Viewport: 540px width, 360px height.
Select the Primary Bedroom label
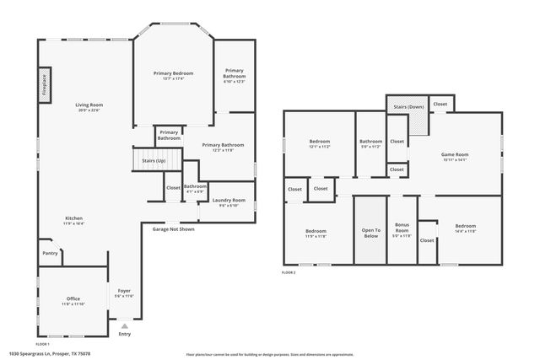[x=173, y=75]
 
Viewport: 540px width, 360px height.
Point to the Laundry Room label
[x=228, y=201]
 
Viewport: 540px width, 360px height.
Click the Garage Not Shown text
[x=173, y=228]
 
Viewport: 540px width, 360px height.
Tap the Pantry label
[x=50, y=252]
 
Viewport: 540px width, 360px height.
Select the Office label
[x=73, y=300]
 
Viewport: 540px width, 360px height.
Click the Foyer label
[x=125, y=291]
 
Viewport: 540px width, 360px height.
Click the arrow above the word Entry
[x=125, y=325]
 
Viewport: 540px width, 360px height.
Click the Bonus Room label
[x=402, y=228]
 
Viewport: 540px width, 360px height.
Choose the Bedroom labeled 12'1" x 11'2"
[x=319, y=142]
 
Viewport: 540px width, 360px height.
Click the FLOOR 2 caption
[x=289, y=272]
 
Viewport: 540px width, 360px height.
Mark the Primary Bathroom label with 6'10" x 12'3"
[x=234, y=75]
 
